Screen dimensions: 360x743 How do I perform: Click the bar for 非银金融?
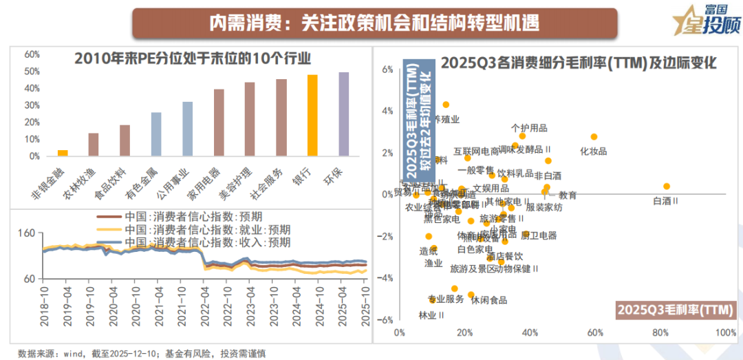click(63, 153)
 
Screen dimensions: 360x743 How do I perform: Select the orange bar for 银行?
click(312, 116)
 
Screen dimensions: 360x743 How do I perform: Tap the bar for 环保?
click(343, 114)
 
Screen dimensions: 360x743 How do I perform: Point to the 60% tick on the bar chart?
click(30, 54)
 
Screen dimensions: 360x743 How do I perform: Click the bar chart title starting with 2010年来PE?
click(193, 58)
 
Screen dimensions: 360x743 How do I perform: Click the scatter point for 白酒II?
click(666, 187)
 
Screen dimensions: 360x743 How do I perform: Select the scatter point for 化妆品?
click(594, 137)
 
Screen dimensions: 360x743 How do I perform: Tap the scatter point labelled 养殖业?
click(446, 105)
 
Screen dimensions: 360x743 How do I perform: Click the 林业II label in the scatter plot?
click(431, 315)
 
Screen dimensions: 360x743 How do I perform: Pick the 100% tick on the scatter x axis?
click(726, 333)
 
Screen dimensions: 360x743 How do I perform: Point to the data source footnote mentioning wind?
click(141, 353)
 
